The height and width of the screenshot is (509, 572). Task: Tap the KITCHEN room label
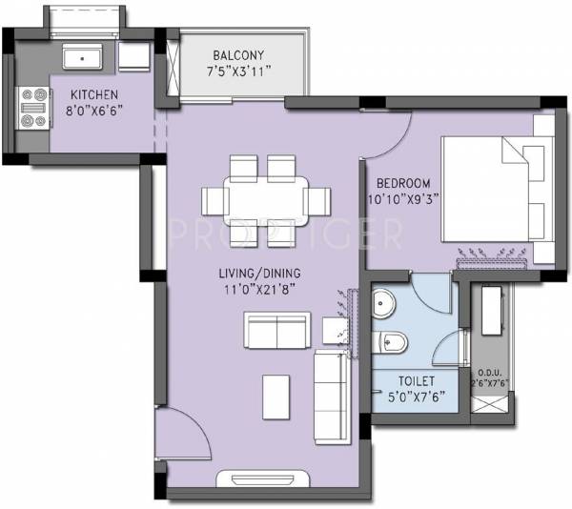[94, 94]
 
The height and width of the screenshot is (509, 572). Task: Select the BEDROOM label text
[402, 183]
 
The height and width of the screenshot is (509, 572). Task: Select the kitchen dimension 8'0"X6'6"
[94, 110]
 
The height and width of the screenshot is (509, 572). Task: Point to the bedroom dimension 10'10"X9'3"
[403, 199]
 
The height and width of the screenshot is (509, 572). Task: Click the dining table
[265, 198]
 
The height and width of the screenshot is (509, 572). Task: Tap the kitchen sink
[84, 58]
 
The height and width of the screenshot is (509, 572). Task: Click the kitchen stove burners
[32, 108]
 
